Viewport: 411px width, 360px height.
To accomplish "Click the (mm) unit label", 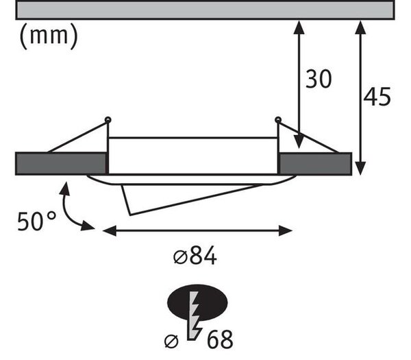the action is coord(49,36).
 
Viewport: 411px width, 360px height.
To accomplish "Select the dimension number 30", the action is coord(319,79).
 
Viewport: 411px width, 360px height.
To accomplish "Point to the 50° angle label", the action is coord(36,221).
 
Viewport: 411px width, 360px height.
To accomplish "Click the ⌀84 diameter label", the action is coord(195,255).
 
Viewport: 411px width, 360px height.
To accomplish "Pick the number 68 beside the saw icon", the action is coord(220,339).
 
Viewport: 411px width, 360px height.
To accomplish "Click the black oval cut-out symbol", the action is coord(197,302).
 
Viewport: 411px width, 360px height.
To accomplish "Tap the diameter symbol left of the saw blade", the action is coord(171,341).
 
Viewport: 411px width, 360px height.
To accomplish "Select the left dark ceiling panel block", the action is coord(61,163).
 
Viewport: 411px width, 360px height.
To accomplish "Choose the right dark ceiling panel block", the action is coord(315,164).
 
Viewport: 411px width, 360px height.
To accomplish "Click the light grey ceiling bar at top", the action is coord(206,10).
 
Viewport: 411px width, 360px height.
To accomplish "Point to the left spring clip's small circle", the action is coord(108,120).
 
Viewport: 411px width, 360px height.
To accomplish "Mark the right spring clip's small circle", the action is coord(278,120).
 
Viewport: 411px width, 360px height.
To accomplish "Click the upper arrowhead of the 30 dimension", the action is coord(299,27).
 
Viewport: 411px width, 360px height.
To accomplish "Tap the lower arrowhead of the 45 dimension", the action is coord(361,168).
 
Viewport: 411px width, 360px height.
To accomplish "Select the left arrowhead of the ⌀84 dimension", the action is coord(110,230).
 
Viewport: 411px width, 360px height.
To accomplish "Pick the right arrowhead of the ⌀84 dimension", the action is coord(286,230).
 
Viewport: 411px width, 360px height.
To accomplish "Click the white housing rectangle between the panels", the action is coord(193,156).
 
